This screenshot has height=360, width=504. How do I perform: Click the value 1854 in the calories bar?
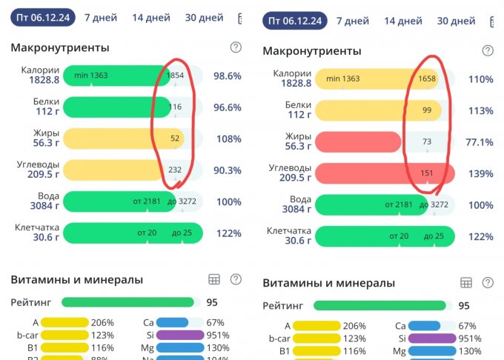tap(176, 76)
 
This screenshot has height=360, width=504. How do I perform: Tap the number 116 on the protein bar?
tap(175, 107)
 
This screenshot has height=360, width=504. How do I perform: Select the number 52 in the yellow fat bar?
tap(175, 139)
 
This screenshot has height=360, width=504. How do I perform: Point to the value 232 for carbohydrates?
tap(175, 170)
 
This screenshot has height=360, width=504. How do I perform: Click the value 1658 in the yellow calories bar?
tap(428, 79)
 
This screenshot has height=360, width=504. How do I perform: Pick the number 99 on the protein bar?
tap(427, 110)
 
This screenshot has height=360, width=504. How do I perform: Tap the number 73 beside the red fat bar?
tap(427, 141)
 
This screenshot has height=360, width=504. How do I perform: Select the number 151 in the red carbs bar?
tap(428, 173)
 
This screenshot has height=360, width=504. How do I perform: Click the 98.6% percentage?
tap(228, 76)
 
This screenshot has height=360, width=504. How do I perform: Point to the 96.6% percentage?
tap(228, 107)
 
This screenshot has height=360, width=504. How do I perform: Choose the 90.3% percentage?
tap(228, 170)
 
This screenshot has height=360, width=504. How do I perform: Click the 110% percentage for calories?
tap(480, 79)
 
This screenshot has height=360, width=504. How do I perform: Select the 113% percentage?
tap(480, 110)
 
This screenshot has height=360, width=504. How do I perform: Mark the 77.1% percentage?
tap(479, 141)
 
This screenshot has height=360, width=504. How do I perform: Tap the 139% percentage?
tap(480, 173)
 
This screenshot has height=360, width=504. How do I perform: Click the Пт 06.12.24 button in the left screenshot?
tap(42, 18)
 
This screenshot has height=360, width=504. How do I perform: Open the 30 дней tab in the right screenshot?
tap(456, 21)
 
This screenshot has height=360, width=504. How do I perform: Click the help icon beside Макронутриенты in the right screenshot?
tap(488, 50)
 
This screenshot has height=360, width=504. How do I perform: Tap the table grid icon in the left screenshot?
tap(214, 279)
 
